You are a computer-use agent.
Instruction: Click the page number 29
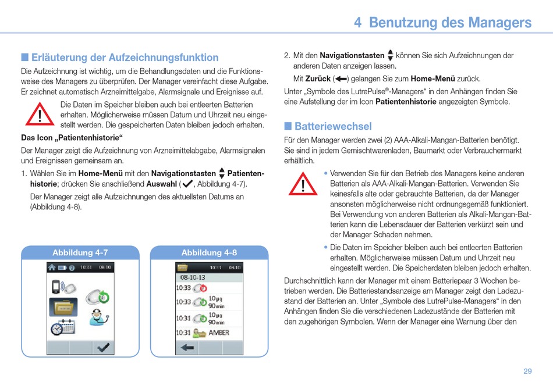pyautogui.click(x=527, y=371)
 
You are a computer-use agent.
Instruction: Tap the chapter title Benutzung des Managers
pyautogui.click(x=450, y=22)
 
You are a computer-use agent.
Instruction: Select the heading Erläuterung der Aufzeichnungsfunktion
pyautogui.click(x=125, y=58)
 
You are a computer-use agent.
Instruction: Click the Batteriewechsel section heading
pyautogui.click(x=333, y=126)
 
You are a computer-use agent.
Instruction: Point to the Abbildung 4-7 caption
pyautogui.click(x=80, y=252)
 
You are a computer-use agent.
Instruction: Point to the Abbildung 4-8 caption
pyautogui.click(x=209, y=252)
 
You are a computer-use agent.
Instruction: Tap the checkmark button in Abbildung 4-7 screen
pyautogui.click(x=104, y=348)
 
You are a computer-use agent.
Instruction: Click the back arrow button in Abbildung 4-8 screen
pyautogui.click(x=187, y=348)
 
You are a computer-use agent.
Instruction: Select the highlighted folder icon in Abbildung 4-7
pyautogui.click(x=63, y=306)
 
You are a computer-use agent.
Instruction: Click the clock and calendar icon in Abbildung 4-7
pyautogui.click(x=62, y=327)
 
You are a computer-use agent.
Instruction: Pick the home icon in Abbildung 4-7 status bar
pyautogui.click(x=52, y=267)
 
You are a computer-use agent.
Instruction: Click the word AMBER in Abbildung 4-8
pyautogui.click(x=219, y=333)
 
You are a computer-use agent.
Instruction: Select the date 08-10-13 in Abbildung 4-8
pyautogui.click(x=193, y=277)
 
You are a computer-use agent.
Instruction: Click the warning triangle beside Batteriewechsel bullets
pyautogui.click(x=303, y=184)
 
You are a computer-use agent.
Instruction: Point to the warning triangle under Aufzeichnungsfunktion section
pyautogui.click(x=40, y=114)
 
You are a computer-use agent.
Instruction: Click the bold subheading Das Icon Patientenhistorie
pyautogui.click(x=72, y=137)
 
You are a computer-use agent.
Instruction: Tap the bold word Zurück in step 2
pyautogui.click(x=318, y=78)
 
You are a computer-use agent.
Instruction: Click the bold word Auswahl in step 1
pyautogui.click(x=161, y=184)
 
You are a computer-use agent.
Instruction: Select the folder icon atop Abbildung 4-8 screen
pyautogui.click(x=183, y=267)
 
